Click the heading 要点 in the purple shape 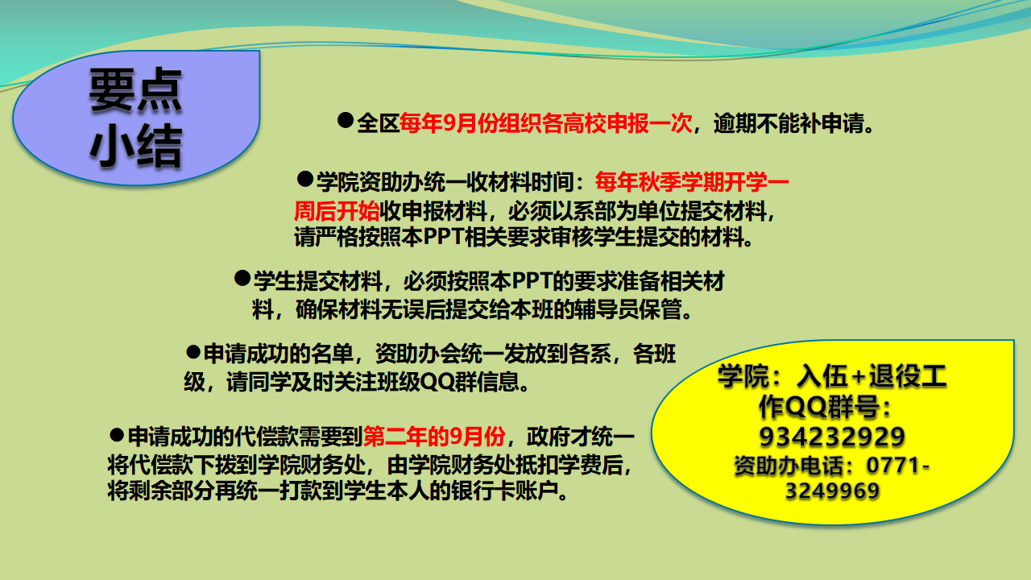coord(136,89)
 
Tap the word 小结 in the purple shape coord(136,146)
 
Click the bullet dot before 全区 coord(346,121)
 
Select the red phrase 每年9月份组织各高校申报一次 coord(546,123)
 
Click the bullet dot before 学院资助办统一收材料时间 coord(304,179)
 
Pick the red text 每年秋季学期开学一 coord(692,182)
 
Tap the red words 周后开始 coord(337,211)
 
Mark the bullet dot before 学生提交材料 coord(242,278)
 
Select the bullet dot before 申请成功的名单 coord(193,353)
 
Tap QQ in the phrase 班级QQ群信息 coord(437,382)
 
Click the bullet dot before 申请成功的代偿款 coord(117,435)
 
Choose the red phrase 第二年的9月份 coord(434,437)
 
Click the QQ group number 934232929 coord(832,437)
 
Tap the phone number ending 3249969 coord(832,491)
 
